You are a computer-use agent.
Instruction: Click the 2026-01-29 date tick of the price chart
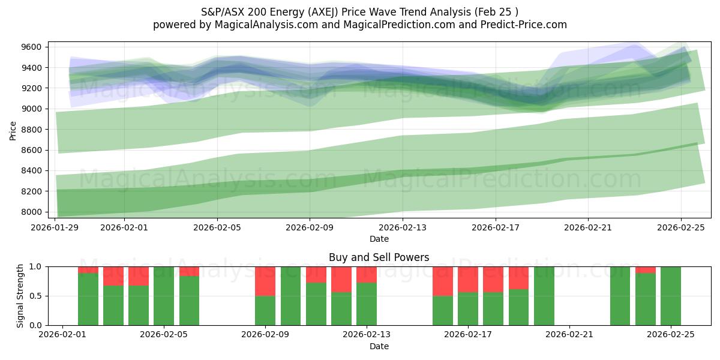click(x=56, y=228)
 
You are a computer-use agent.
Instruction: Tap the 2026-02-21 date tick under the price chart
click(x=588, y=228)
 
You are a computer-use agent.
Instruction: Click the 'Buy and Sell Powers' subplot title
click(x=379, y=257)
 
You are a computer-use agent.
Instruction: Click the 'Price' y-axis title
click(x=14, y=130)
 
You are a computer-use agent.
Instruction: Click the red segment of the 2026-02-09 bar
click(x=265, y=281)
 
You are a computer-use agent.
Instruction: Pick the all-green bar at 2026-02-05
click(x=164, y=296)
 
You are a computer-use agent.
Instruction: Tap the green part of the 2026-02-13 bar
click(x=367, y=304)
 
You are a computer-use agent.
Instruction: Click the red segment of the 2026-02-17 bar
click(x=468, y=279)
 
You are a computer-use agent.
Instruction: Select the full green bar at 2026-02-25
click(x=671, y=296)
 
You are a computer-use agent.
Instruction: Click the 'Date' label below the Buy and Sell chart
click(x=379, y=346)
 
